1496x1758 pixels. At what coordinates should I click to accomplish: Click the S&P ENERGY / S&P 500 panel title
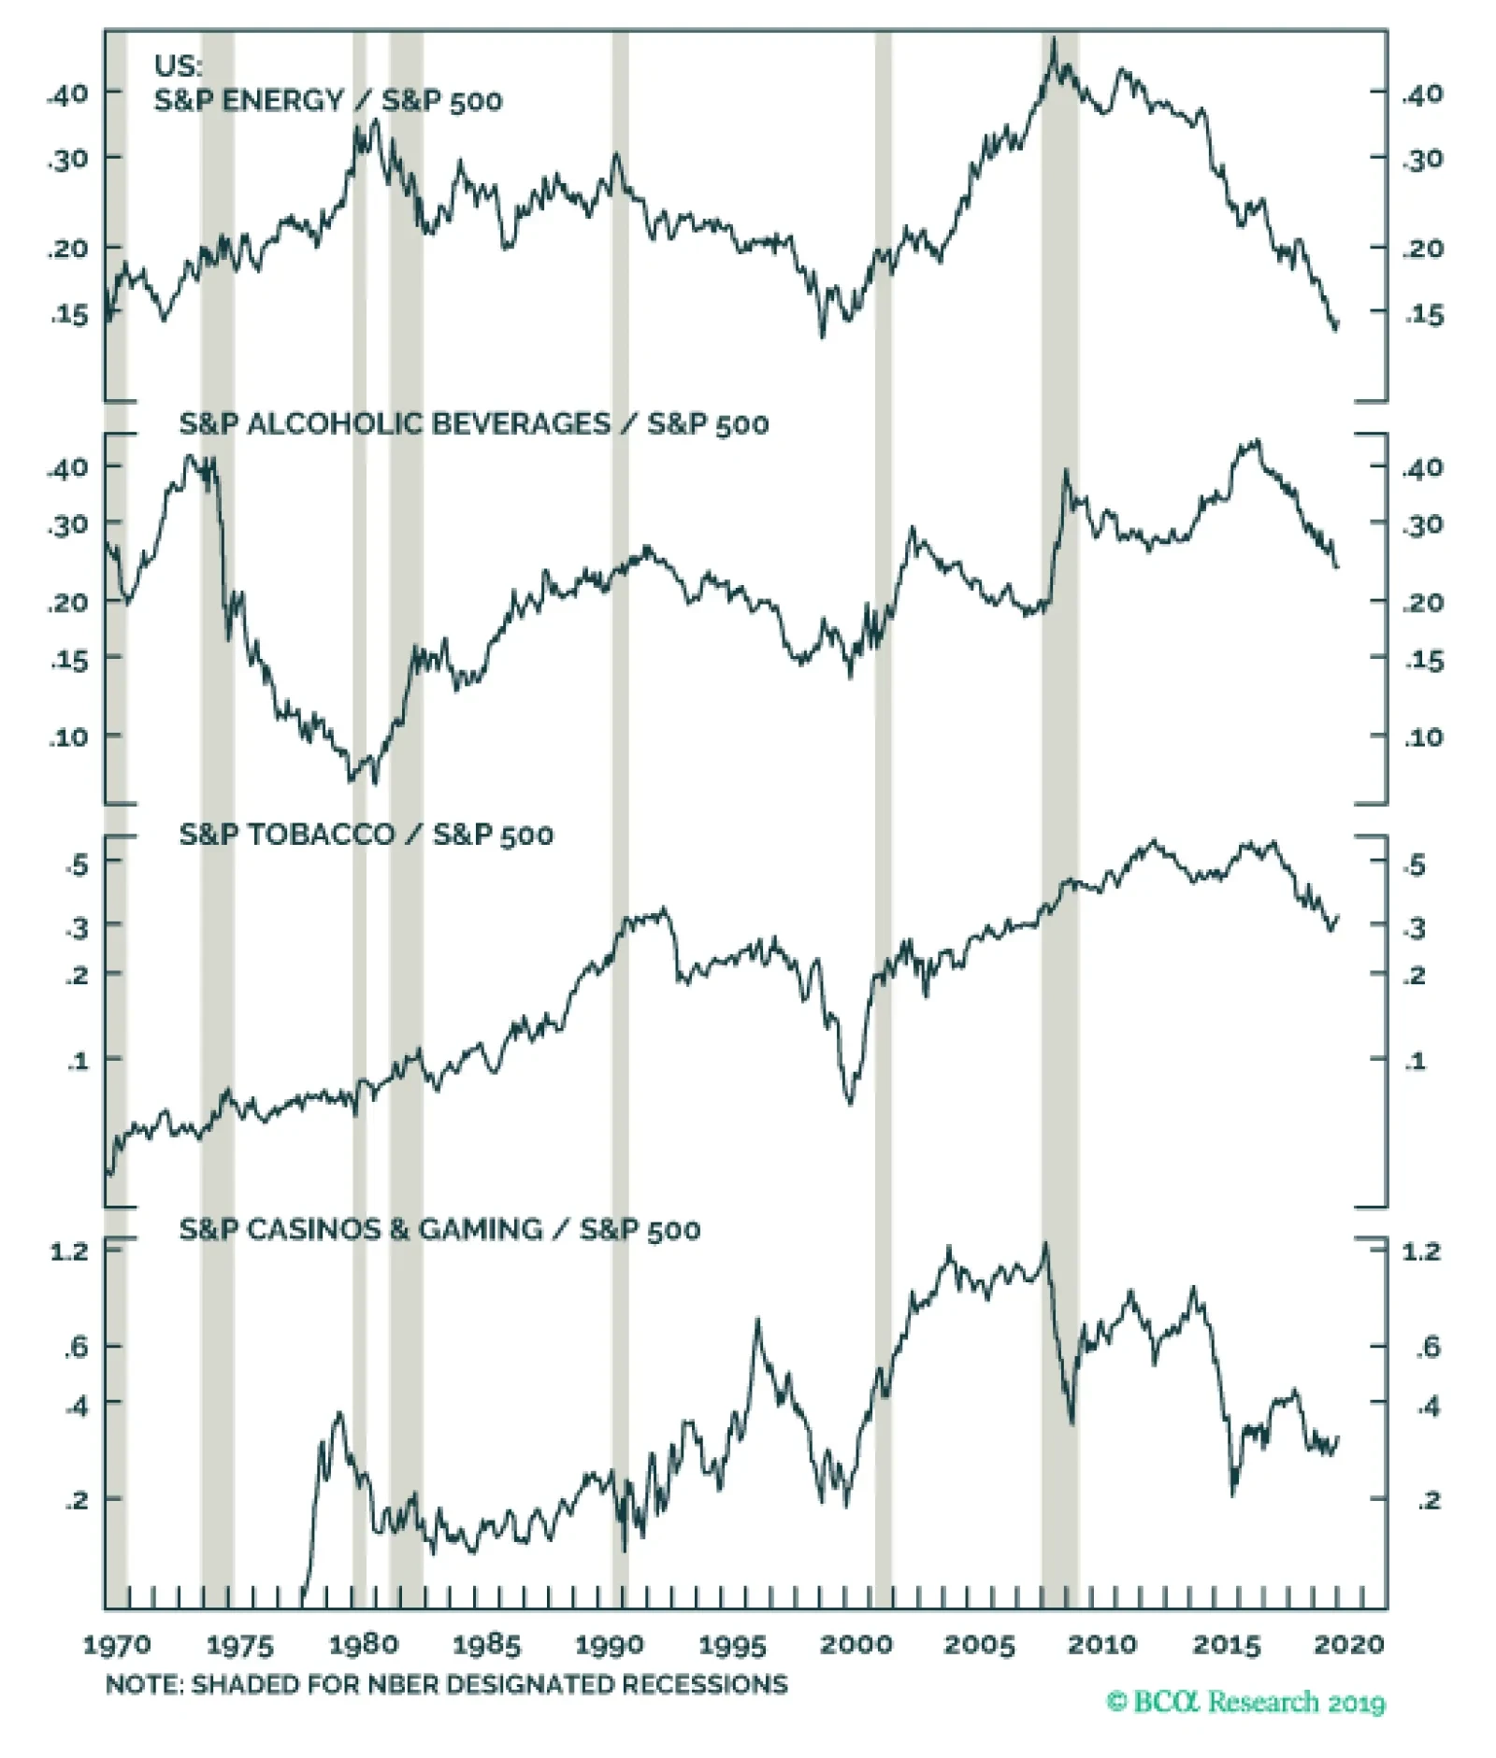[327, 100]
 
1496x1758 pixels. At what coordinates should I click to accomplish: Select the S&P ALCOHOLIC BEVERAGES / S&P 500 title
[473, 423]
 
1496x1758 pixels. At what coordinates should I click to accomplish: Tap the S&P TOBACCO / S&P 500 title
[366, 834]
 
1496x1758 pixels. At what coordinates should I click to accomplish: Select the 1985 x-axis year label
[485, 1644]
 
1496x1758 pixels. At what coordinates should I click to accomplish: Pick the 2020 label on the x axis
[1348, 1644]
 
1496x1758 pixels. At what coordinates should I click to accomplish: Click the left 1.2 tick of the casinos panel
[68, 1251]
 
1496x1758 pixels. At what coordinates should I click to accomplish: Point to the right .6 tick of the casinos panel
[1428, 1347]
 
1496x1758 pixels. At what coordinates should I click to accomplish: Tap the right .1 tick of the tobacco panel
[1416, 1061]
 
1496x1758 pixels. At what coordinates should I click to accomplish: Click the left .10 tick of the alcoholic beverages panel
[68, 736]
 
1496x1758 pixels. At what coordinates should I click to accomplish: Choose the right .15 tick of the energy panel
[1423, 315]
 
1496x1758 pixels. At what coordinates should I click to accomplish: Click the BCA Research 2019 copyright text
[1245, 1702]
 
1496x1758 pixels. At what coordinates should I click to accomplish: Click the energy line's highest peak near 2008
[1054, 40]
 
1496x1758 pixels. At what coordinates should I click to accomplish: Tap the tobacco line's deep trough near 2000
[850, 1103]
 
